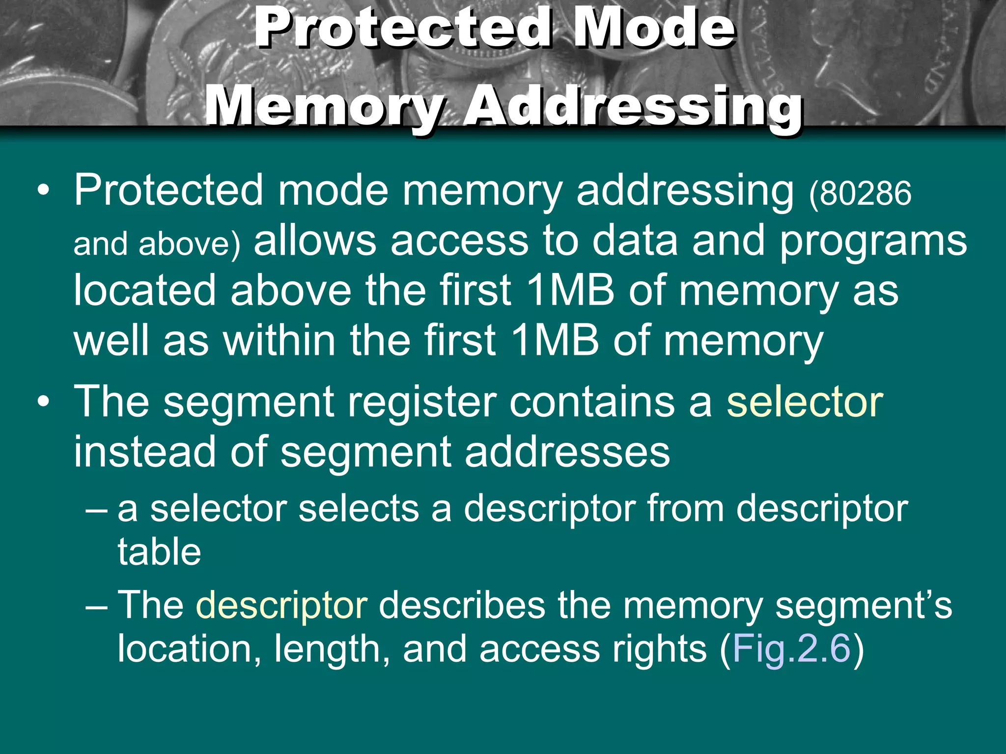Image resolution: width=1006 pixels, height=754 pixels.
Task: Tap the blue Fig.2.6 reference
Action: point(791,649)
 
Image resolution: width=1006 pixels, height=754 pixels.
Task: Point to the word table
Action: point(159,552)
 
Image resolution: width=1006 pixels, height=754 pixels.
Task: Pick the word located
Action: point(144,291)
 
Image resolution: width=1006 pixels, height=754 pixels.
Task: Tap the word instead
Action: point(144,452)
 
